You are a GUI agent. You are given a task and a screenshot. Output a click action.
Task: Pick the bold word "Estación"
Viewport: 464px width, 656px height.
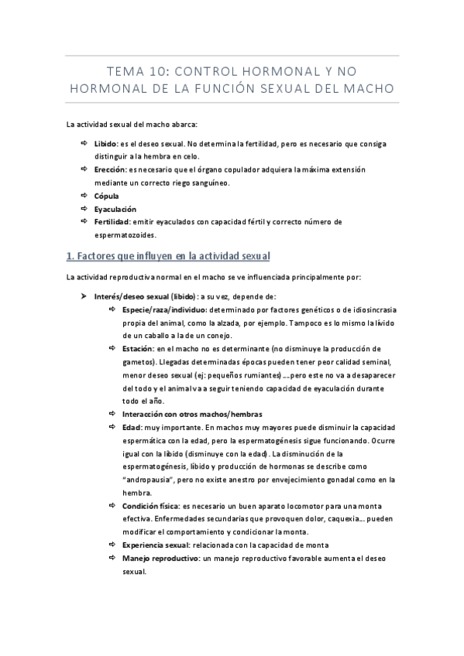(139, 349)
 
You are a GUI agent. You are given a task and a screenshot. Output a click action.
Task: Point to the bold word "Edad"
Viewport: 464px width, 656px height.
(131, 427)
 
